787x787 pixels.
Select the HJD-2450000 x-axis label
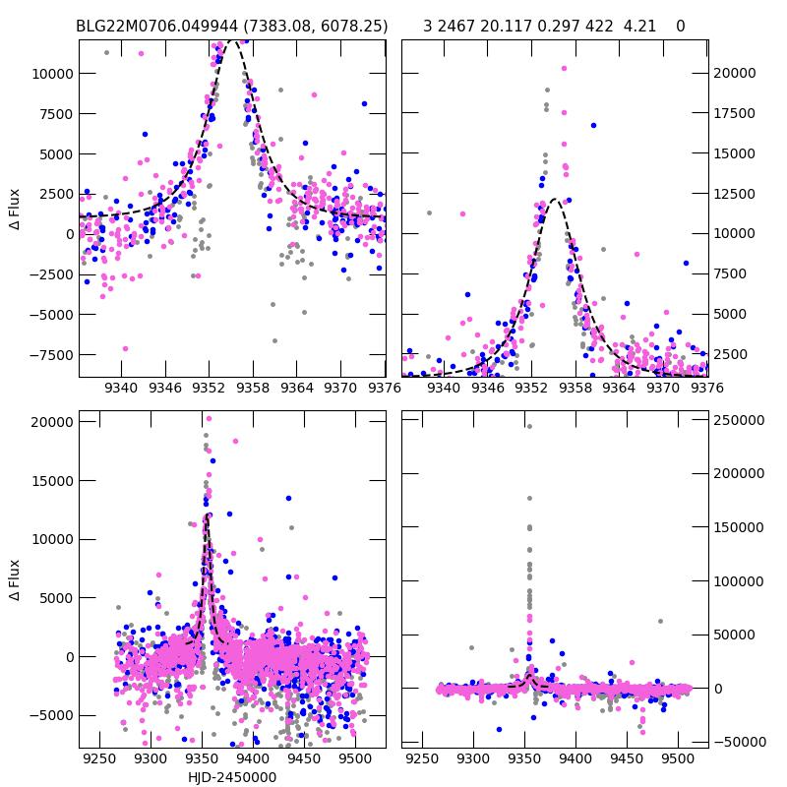232,777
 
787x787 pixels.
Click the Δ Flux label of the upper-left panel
15,210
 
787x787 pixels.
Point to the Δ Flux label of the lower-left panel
15,580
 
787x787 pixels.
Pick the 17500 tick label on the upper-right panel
735,113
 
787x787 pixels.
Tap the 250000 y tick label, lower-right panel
739,420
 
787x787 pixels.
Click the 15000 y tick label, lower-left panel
48,480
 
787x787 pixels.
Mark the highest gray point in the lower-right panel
529,426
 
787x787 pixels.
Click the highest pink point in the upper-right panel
564,69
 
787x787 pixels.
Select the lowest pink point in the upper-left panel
125,348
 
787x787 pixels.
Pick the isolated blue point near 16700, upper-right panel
593,125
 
